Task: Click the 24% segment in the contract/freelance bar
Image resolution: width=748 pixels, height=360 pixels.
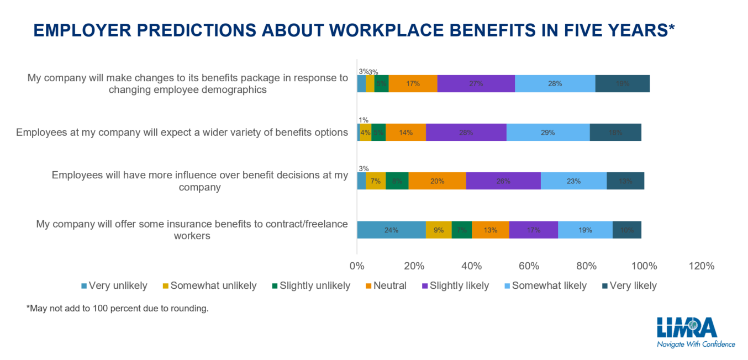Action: [391, 230]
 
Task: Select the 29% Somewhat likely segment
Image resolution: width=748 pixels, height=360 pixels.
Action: [548, 133]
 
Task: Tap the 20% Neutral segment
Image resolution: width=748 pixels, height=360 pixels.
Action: [437, 181]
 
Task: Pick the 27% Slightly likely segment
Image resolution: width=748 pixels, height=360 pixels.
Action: [476, 84]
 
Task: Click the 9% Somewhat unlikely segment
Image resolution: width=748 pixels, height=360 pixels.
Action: [439, 230]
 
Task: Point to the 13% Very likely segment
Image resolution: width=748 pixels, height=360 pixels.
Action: [625, 181]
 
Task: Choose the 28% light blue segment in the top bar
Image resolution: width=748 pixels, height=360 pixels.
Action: [555, 84]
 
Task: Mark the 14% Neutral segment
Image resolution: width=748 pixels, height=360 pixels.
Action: [405, 133]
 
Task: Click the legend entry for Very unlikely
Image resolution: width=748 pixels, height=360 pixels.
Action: [114, 285]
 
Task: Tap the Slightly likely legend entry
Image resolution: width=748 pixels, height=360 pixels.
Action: [456, 285]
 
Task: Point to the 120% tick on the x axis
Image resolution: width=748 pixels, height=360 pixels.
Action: [701, 266]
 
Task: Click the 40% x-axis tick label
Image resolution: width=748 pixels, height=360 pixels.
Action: [472, 266]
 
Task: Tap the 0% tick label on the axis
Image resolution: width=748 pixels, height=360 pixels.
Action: [357, 266]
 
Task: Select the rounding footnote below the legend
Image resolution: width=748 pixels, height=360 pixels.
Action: [118, 309]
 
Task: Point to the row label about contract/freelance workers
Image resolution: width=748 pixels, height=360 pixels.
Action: [192, 230]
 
